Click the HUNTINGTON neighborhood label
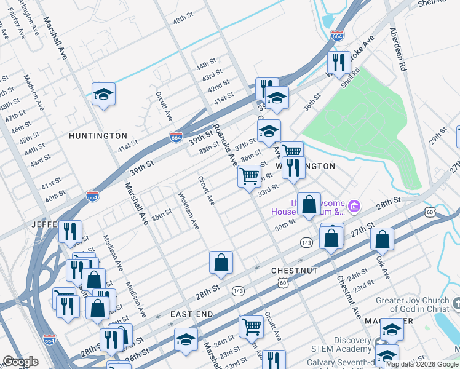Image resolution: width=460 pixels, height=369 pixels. click(x=98, y=135)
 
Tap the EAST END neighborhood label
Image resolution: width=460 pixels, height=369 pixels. click(x=192, y=314)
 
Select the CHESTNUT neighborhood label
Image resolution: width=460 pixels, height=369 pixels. click(x=295, y=271)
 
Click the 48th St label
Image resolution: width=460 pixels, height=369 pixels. click(x=183, y=20)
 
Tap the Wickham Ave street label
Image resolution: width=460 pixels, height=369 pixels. click(x=188, y=210)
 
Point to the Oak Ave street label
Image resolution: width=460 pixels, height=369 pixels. click(x=383, y=267)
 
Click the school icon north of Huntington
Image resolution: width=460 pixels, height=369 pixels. click(x=103, y=94)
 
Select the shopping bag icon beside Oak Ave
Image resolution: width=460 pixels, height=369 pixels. click(x=382, y=239)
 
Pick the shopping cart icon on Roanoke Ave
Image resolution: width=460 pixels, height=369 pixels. click(x=249, y=177)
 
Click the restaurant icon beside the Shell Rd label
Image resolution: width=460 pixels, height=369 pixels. click(x=338, y=61)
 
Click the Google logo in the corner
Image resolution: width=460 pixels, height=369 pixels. click(x=20, y=361)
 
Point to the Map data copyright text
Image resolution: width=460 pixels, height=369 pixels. click(x=422, y=364)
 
